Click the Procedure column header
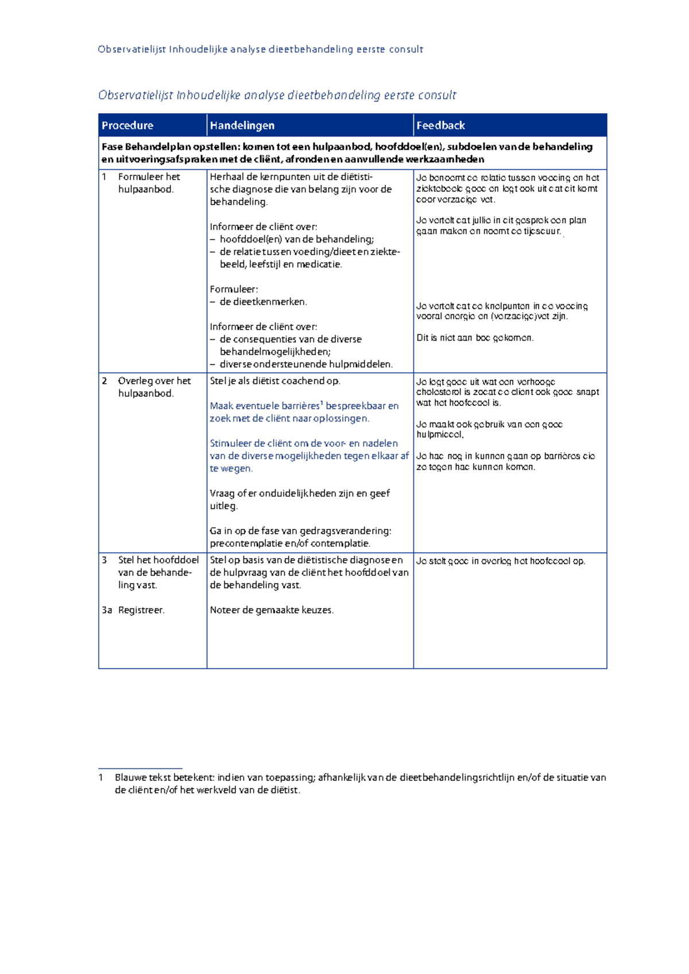coord(127,125)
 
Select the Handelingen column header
coord(242,125)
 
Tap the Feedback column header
coord(440,125)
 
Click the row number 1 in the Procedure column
coord(104,177)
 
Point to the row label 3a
coord(107,610)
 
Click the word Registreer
coord(141,610)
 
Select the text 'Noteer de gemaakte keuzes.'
coord(272,610)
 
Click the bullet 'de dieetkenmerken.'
coord(263,302)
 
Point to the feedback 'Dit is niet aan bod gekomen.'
coord(475,338)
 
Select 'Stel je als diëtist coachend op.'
coord(274,381)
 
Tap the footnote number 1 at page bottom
coord(101,778)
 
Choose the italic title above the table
coord(277,95)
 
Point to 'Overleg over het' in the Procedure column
coord(154,381)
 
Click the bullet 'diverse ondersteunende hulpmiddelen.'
coord(306,364)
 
